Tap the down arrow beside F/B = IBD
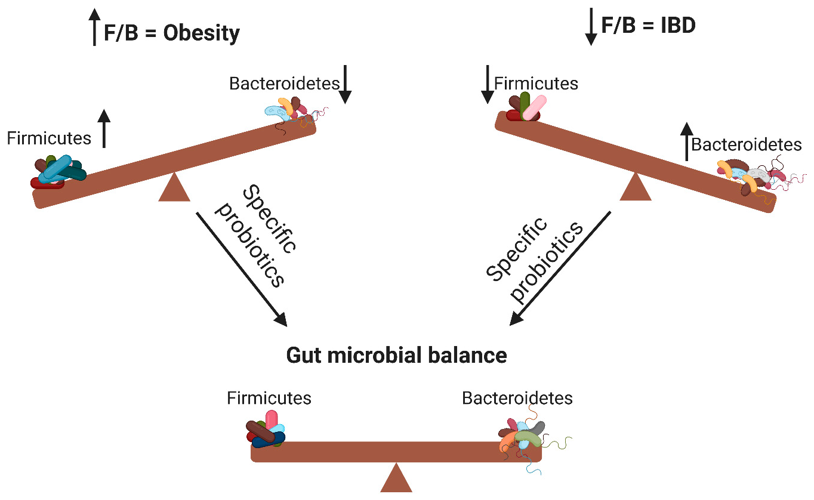pyautogui.click(x=591, y=27)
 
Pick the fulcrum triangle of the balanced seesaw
pyautogui.click(x=396, y=479)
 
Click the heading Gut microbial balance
pyautogui.click(x=396, y=356)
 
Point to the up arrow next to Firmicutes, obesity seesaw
pyautogui.click(x=104, y=128)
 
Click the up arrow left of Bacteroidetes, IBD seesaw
pyautogui.click(x=687, y=141)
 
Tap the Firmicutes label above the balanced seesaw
pyautogui.click(x=269, y=398)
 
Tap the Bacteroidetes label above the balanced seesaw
pyautogui.click(x=517, y=398)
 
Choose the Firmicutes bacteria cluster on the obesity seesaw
pyautogui.click(x=58, y=172)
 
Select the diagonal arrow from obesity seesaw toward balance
pyautogui.click(x=242, y=268)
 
